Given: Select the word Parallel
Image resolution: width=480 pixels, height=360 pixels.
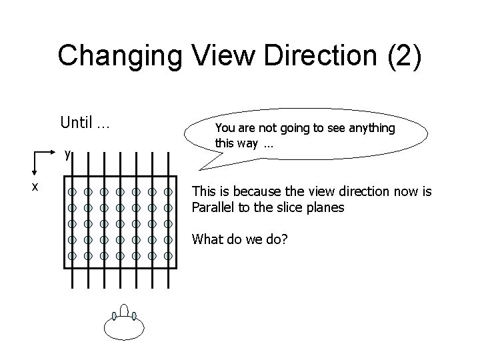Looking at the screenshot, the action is [x=215, y=207].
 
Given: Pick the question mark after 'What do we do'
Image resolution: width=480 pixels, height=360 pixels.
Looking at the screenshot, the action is [x=285, y=238].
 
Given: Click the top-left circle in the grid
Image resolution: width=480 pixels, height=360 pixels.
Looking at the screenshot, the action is [x=71, y=192].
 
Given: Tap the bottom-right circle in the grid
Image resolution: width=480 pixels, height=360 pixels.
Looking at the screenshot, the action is [x=168, y=256].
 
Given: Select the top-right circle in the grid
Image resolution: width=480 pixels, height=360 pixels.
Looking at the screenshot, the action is [x=168, y=192].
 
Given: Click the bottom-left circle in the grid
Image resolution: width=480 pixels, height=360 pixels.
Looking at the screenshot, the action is [x=71, y=256].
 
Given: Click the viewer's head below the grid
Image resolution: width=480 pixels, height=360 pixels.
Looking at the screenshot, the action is [x=124, y=326].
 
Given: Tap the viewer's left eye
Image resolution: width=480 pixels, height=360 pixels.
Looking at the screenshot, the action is [x=116, y=316].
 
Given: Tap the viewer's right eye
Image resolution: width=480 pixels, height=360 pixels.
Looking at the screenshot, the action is [x=134, y=316].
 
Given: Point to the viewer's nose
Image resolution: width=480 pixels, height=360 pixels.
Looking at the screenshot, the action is [x=125, y=309].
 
